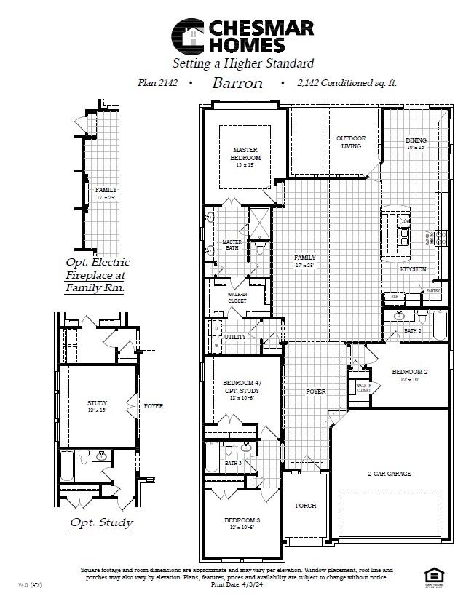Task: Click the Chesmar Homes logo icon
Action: (188, 36)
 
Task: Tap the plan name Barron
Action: (237, 83)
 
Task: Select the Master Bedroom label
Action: (246, 153)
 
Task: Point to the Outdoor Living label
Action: (351, 142)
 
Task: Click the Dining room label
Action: (416, 140)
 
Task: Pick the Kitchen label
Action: (413, 269)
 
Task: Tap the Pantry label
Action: (434, 290)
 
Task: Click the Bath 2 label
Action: (413, 331)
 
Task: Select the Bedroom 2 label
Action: (409, 372)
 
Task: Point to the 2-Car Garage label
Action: (389, 474)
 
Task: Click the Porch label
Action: (306, 505)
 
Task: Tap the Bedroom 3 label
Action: (242, 520)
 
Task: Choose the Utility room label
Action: (235, 337)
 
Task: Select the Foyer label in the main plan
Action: (315, 392)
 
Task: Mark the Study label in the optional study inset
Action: (97, 403)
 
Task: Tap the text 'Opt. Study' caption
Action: (101, 522)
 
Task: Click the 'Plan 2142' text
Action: (157, 83)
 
